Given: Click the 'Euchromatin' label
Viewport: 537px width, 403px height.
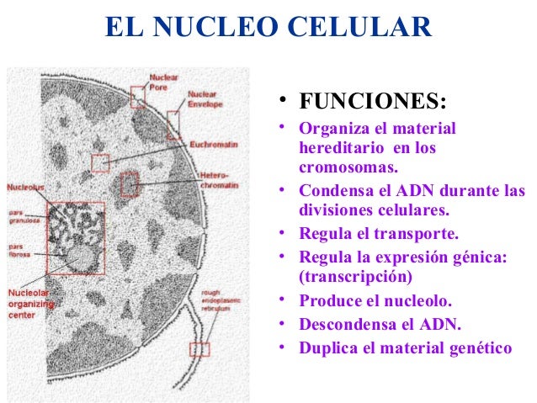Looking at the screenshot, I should (214, 145).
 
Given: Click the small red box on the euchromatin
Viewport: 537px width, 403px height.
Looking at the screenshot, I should (100, 163).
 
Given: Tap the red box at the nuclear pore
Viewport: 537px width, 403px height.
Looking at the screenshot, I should (137, 97).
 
